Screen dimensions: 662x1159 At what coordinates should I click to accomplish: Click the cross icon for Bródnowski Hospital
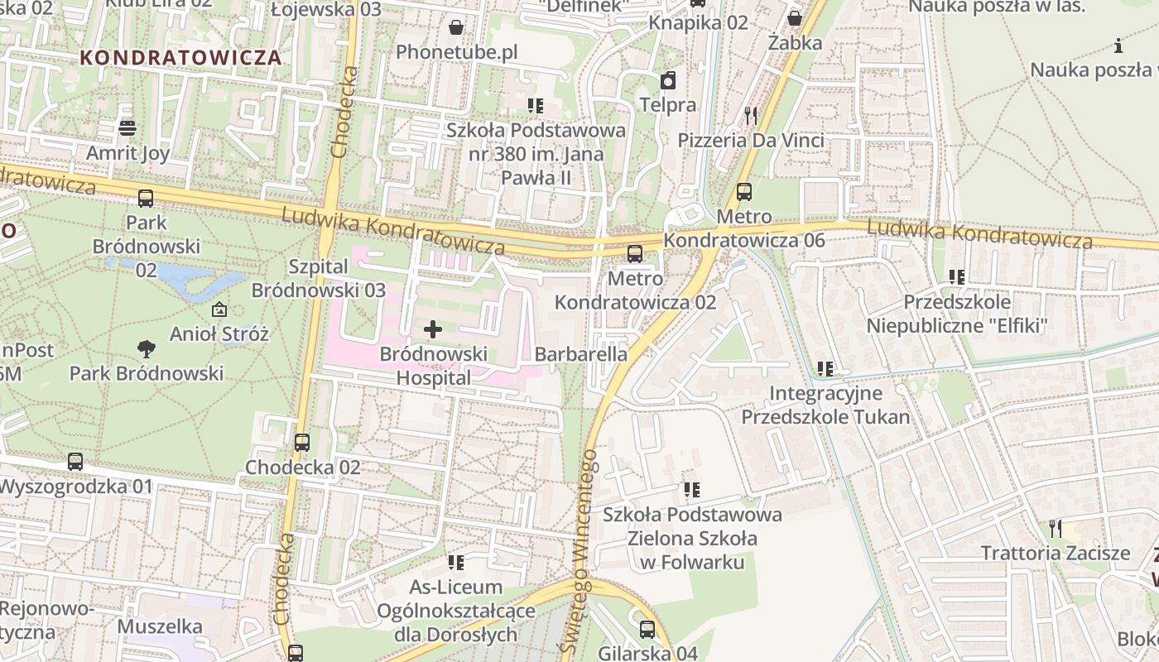[432, 329]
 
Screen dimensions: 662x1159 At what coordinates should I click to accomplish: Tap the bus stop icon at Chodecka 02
[302, 443]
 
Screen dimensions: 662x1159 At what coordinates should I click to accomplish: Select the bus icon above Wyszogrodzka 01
[75, 462]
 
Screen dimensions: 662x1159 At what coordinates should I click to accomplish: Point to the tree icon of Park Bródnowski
[147, 349]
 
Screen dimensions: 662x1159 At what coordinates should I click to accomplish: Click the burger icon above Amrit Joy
[127, 128]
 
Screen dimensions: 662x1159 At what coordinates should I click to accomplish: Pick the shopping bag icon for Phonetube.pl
[456, 28]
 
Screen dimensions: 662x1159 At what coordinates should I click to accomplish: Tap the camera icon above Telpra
[667, 80]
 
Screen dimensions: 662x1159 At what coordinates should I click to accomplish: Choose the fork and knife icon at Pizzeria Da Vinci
[751, 116]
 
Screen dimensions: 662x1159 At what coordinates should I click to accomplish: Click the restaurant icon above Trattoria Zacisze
[1055, 528]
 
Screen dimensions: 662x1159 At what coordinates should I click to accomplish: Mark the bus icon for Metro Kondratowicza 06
[744, 192]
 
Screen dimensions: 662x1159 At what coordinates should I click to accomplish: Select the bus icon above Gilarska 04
[647, 630]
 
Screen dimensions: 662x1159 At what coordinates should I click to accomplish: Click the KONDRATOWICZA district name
[181, 58]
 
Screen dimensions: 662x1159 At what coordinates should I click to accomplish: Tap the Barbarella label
[581, 354]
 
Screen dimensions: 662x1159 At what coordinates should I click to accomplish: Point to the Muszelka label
[160, 626]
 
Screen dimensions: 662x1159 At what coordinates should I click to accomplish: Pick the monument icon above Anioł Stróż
[219, 310]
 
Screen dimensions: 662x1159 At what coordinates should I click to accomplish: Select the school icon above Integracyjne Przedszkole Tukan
[825, 368]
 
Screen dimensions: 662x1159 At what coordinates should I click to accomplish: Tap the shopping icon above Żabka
[795, 18]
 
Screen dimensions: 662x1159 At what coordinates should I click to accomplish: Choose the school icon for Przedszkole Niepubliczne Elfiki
[957, 277]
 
